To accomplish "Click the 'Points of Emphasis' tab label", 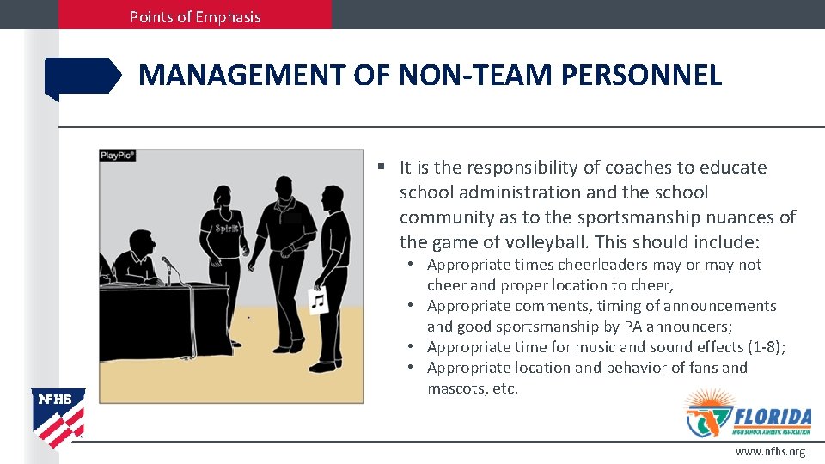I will click(195, 16).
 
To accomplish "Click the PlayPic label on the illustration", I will click(118, 156).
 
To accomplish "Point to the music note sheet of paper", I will click(318, 301).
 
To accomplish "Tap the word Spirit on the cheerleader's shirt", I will click(226, 229).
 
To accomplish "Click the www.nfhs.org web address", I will click(770, 452).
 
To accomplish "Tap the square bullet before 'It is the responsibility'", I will click(380, 168).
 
